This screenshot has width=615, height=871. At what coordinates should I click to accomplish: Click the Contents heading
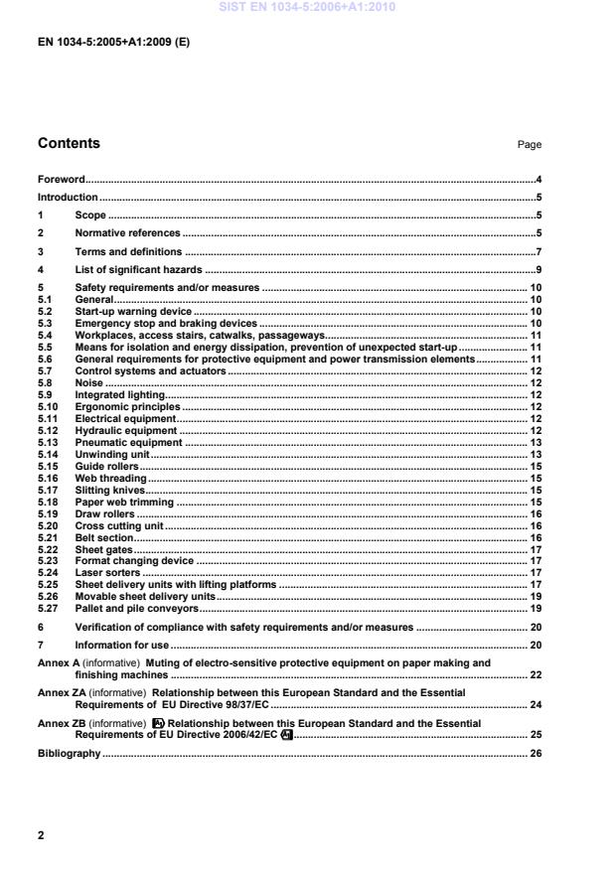[x=69, y=143]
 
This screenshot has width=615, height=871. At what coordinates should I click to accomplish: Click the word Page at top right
[x=529, y=145]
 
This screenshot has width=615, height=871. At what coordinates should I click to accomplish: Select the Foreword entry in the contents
[x=61, y=180]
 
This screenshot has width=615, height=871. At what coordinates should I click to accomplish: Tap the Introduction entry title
[x=68, y=198]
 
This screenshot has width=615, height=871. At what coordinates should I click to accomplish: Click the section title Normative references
[x=128, y=232]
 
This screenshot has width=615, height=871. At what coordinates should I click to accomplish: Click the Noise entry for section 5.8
[x=89, y=382]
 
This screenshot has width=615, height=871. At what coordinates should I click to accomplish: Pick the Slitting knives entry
[x=110, y=490]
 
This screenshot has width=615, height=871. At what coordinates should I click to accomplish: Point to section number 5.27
[x=47, y=609]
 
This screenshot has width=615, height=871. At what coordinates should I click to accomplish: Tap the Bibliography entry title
[x=70, y=754]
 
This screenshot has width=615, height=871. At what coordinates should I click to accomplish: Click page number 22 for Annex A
[x=535, y=674]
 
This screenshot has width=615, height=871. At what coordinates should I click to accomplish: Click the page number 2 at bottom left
[x=41, y=835]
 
